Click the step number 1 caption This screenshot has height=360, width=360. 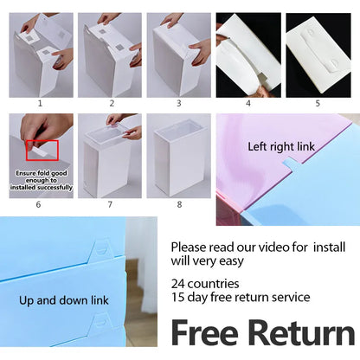click(39, 102)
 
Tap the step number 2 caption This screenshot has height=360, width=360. click(110, 102)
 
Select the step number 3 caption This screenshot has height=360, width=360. click(178, 102)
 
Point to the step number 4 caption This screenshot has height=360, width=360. click(247, 102)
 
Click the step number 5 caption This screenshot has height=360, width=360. click(318, 102)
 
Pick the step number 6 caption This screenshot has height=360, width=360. click(39, 204)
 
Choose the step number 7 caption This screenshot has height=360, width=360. click(110, 204)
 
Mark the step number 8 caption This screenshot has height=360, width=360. click(178, 204)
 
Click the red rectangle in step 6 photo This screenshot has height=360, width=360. click(42, 150)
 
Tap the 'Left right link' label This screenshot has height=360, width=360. click(282, 146)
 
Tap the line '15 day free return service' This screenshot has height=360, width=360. click(240, 297)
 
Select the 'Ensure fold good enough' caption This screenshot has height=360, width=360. click(42, 179)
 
